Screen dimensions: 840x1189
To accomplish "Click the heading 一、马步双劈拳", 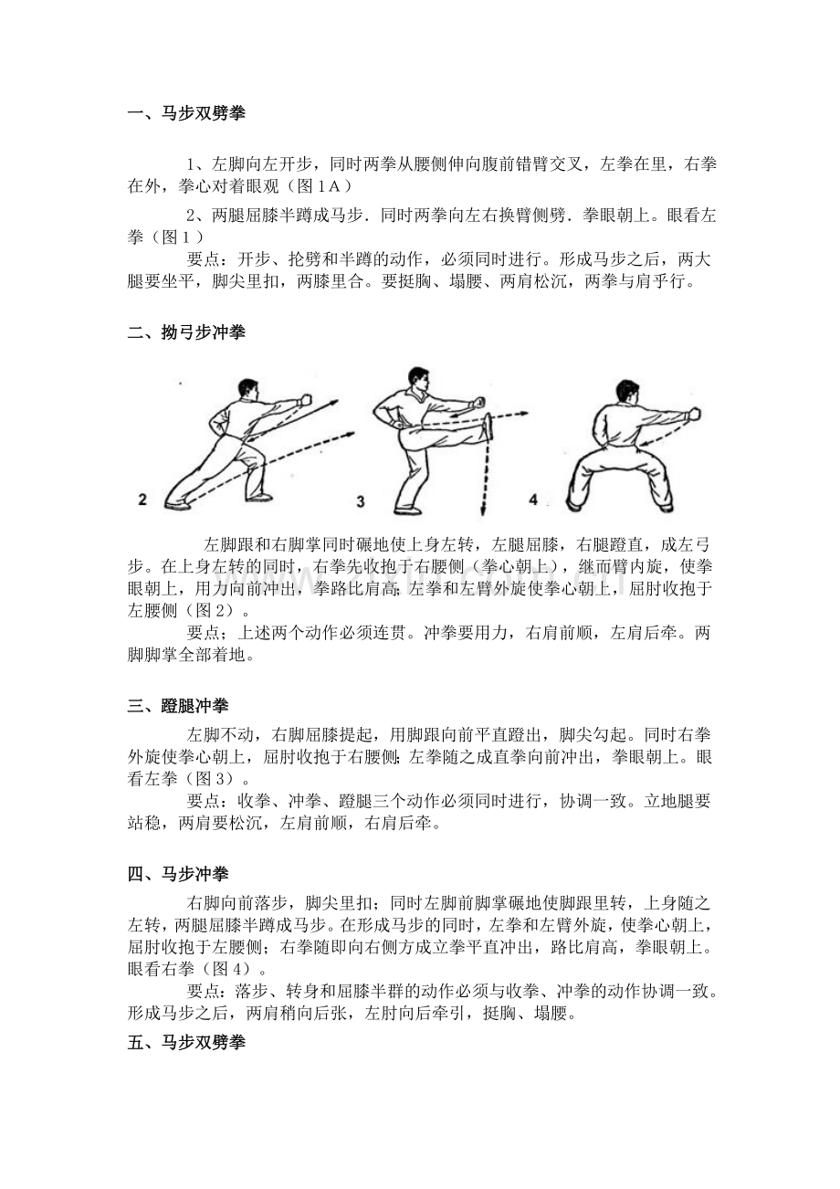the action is tap(186, 113).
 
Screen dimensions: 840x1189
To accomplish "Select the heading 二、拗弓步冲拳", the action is tap(186, 332).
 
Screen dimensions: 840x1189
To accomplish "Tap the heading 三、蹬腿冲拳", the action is tap(178, 705).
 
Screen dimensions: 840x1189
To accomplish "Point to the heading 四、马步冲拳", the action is tap(178, 874).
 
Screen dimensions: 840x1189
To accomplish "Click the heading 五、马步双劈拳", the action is tap(186, 1043).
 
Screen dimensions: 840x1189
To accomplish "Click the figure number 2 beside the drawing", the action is tap(142, 500).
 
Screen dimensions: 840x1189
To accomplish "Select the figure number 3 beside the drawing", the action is tap(361, 501).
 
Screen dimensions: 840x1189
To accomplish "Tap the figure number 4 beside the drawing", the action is tap(533, 500).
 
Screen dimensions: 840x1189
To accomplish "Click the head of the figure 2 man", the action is tap(248, 389).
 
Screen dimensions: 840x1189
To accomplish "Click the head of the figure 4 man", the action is tap(627, 393).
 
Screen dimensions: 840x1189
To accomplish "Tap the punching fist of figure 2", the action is tap(305, 400).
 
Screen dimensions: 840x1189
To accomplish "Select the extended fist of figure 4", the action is tap(694, 414).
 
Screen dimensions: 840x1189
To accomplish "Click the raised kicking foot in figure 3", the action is tap(488, 427).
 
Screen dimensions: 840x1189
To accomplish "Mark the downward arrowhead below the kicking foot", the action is tap(483, 511).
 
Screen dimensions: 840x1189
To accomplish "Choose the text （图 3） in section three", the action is tap(208, 779).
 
